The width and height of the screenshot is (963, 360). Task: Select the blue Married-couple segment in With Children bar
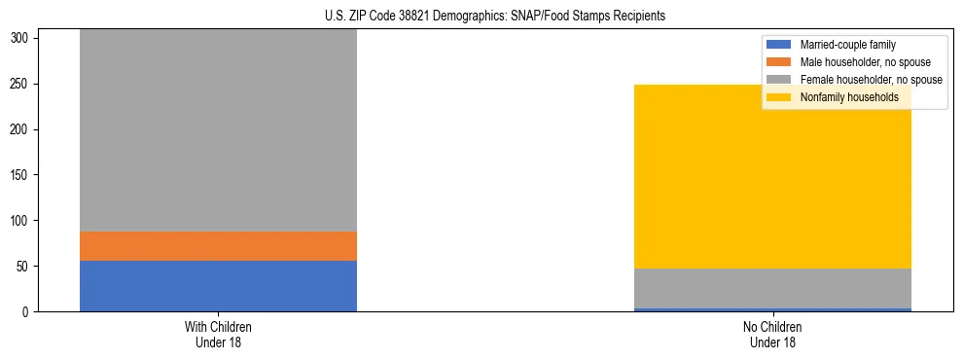click(x=218, y=286)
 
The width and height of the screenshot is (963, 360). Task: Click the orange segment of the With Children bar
click(x=218, y=246)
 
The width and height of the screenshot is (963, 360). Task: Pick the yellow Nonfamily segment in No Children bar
click(x=772, y=176)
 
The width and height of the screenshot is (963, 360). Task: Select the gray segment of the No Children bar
click(x=772, y=288)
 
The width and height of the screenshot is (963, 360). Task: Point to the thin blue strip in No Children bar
click(x=772, y=309)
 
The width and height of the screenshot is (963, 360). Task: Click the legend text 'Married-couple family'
click(x=847, y=45)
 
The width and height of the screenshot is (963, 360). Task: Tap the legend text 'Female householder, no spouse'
click(x=871, y=80)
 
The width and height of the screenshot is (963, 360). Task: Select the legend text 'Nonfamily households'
click(x=849, y=97)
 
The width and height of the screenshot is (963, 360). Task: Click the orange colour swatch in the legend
click(x=779, y=62)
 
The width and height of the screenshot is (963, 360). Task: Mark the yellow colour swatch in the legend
click(x=779, y=97)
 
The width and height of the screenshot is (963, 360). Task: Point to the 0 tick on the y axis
click(x=28, y=311)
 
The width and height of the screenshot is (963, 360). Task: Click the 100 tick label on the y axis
click(x=22, y=221)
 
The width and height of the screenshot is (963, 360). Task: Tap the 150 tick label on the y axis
click(x=22, y=175)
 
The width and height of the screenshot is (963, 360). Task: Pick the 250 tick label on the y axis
click(x=22, y=84)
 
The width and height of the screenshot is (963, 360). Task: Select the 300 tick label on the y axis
click(x=22, y=39)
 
